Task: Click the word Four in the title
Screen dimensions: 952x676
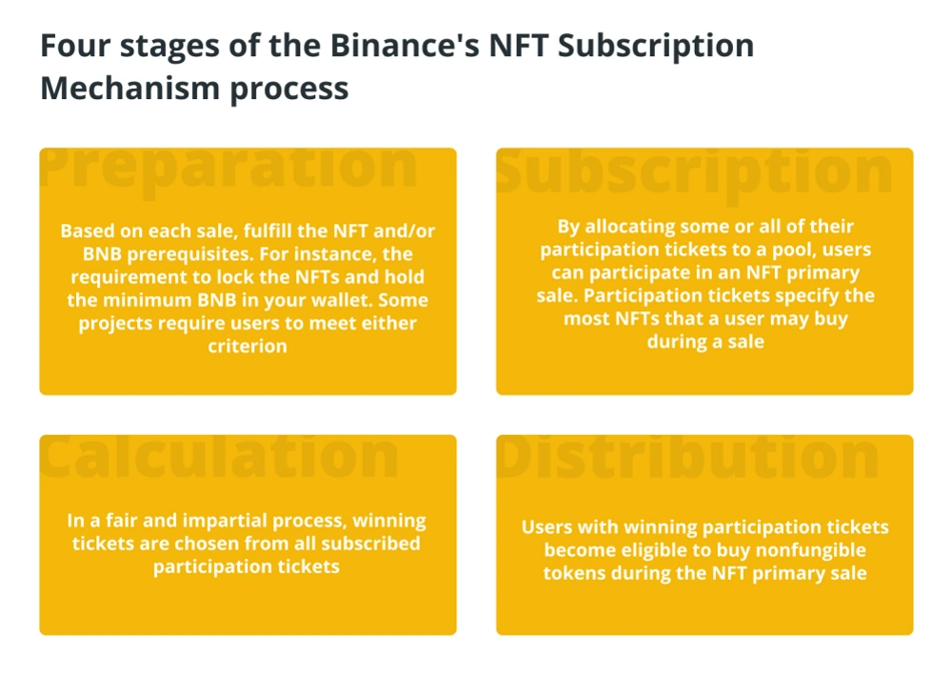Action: click(74, 46)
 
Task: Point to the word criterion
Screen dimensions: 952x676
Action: click(248, 347)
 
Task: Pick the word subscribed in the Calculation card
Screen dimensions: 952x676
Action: click(370, 544)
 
